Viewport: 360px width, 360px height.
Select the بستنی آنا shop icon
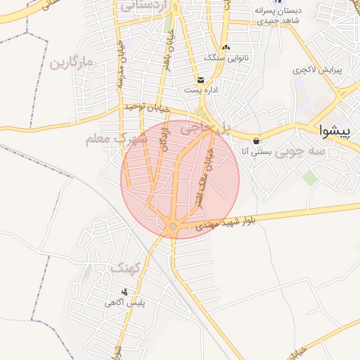coord(257,139)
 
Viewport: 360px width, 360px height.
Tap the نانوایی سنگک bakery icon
coord(225,47)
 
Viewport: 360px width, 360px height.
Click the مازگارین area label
coord(71,64)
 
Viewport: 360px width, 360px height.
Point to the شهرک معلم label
coord(117,139)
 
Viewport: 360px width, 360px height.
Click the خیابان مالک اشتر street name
coord(210,169)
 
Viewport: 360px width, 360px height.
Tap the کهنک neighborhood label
coord(126,269)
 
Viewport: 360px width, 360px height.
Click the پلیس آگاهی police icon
coord(125,291)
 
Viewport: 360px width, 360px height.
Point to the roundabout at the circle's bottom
coord(172,226)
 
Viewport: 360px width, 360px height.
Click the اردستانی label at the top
coord(143,6)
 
